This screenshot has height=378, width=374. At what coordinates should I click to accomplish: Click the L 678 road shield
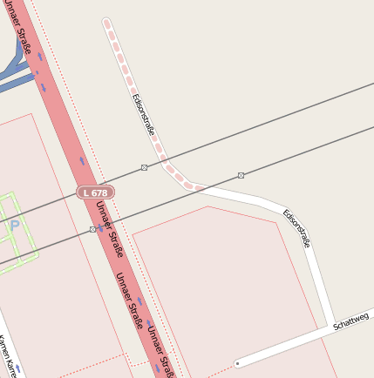coord(95,192)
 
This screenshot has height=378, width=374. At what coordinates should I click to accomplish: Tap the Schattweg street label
coord(351,324)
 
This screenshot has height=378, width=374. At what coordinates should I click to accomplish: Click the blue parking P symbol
coord(14,226)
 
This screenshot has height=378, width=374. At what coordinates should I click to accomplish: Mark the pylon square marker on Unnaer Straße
coord(92,229)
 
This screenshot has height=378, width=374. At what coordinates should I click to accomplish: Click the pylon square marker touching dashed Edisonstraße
coord(145,166)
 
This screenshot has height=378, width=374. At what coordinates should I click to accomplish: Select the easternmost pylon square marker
coord(241,175)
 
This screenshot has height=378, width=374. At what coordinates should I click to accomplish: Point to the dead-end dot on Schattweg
coord(237,362)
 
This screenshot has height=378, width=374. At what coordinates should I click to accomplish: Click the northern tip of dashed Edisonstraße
coord(106,21)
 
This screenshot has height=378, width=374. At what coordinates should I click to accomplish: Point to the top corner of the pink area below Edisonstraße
coord(207,206)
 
